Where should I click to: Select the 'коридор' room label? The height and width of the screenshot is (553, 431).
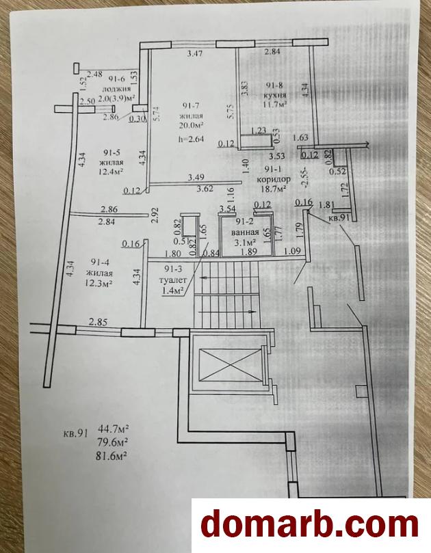(274, 178)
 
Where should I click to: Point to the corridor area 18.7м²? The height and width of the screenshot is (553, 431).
(274, 188)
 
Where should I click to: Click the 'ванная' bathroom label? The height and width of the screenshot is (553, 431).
(245, 232)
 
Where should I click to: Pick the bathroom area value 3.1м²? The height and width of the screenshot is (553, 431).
(246, 241)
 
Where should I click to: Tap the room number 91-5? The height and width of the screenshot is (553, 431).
(112, 152)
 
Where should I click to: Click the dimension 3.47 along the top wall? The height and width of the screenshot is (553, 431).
(196, 53)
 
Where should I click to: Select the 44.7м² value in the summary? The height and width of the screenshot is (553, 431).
(113, 429)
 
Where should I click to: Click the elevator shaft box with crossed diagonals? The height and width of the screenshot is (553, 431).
(227, 362)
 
